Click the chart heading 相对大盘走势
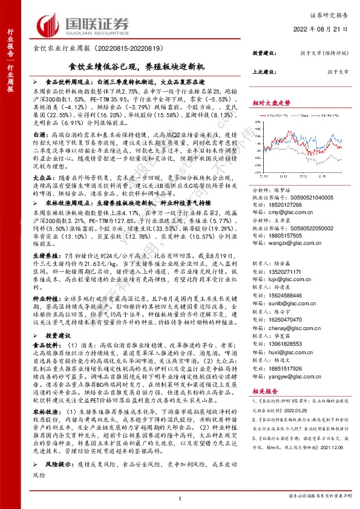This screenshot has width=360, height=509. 270,103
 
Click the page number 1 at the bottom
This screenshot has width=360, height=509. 180,498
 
